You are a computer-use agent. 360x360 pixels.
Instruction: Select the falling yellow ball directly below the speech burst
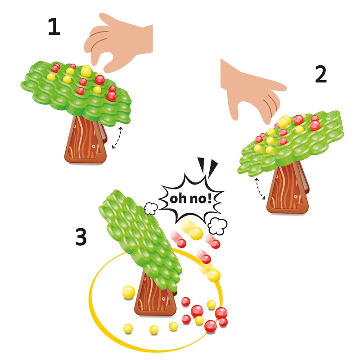[195, 233]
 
